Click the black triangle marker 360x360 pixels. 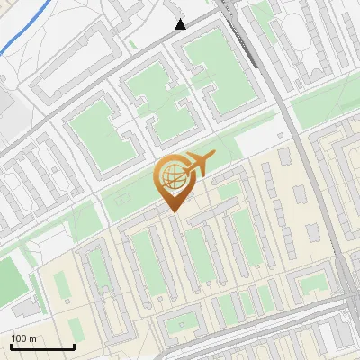[x=181, y=24]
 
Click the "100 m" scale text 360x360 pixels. [x=24, y=338]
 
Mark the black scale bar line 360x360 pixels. [x=42, y=347]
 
